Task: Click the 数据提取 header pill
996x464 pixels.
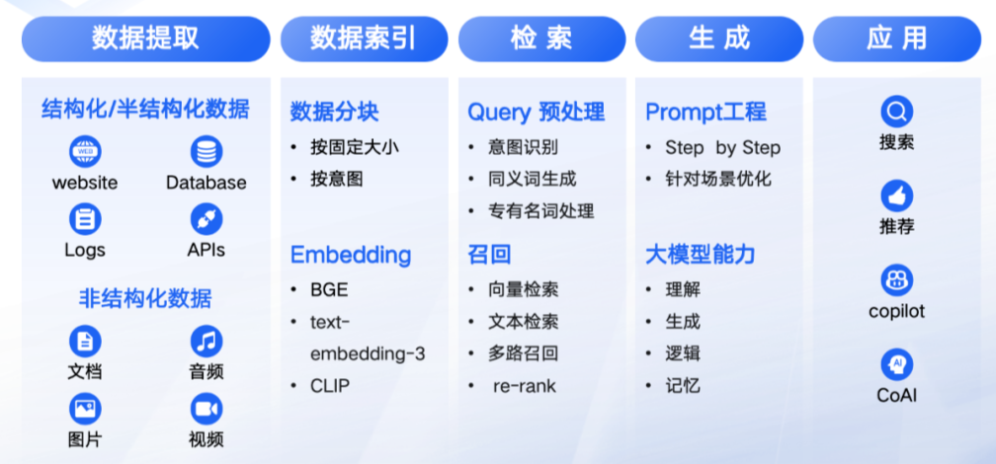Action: point(145,39)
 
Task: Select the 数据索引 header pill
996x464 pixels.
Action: point(364,39)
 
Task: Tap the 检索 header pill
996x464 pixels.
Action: point(541,39)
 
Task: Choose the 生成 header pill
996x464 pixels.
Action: point(719,39)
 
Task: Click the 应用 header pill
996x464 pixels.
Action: point(897,39)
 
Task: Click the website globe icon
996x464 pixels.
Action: point(85,152)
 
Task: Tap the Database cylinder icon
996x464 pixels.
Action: point(207,152)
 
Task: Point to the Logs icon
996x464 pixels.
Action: point(85,219)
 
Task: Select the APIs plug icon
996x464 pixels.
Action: point(207,219)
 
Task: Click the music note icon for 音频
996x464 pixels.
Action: point(207,342)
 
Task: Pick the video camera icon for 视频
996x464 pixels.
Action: point(207,409)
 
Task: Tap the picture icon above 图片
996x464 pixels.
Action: point(85,409)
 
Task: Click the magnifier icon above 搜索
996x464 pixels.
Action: point(897,113)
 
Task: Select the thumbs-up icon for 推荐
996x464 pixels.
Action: point(897,196)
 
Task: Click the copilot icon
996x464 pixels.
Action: point(897,280)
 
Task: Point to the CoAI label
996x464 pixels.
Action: point(897,396)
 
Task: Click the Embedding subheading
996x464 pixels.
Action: point(351,255)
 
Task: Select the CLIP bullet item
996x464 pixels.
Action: point(330,385)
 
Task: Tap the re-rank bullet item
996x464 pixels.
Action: point(525,385)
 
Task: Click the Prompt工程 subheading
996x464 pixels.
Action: point(706,113)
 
